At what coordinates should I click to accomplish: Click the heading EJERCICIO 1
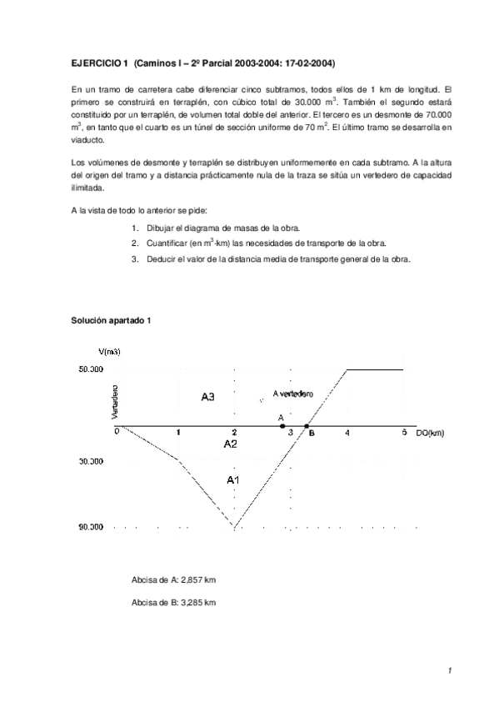tap(97, 63)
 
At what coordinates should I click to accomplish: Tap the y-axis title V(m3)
tap(110, 352)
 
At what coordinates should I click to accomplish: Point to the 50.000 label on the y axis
tap(90, 369)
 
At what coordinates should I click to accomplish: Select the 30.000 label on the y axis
tap(90, 460)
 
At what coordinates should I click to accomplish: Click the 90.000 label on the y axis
tap(90, 526)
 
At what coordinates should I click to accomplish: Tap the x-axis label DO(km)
tap(432, 433)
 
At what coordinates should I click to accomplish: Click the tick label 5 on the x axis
tap(404, 433)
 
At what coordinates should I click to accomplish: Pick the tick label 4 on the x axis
tap(347, 433)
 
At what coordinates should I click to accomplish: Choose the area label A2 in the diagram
tap(232, 444)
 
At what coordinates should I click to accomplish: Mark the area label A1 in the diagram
tap(234, 479)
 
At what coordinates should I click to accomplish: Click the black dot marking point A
tap(282, 426)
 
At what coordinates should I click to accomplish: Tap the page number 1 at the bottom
tap(447, 669)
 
